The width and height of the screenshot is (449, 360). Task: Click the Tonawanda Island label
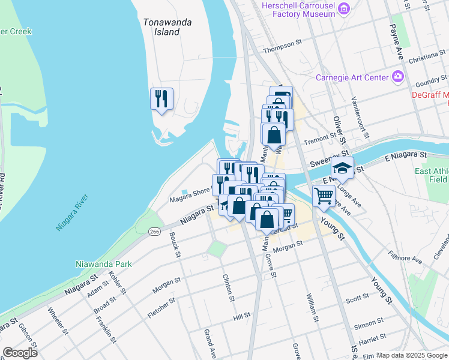tap(167, 27)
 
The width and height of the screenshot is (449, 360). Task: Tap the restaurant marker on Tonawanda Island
tap(161, 99)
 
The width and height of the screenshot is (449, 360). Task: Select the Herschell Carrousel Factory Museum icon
tap(344, 8)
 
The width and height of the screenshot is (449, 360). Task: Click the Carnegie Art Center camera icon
tap(397, 77)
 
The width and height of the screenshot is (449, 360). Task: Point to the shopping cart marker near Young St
tap(324, 196)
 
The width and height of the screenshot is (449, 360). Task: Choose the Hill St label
tap(241, 316)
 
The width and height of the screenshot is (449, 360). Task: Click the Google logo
tap(20, 353)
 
